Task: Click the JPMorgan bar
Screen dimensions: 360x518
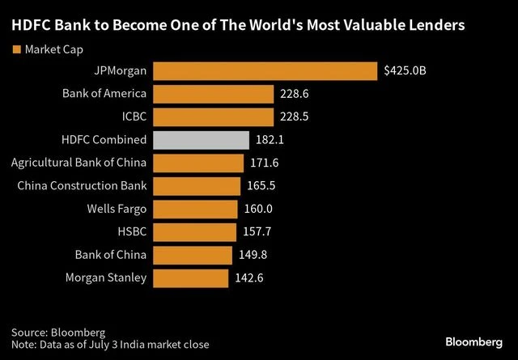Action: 265,70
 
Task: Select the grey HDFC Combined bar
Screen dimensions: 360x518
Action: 201,140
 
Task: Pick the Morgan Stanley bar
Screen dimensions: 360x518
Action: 190,278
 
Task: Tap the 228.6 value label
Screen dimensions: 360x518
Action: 296,94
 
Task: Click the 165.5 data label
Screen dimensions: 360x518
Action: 258,186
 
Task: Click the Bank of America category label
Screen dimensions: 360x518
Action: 104,94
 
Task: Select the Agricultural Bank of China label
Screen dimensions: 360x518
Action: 79,163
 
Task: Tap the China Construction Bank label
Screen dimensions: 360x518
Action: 82,186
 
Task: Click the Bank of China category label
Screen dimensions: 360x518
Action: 109,256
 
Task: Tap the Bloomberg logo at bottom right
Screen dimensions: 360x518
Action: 469,336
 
